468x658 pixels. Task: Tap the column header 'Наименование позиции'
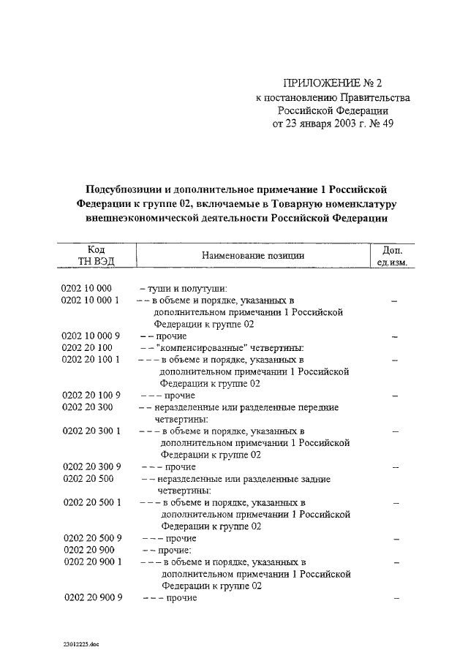click(x=250, y=255)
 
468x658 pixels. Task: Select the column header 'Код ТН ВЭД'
click(x=96, y=255)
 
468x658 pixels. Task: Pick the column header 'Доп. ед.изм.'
click(x=393, y=255)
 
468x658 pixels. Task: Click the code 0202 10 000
click(x=86, y=288)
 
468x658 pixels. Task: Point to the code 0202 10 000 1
click(x=91, y=300)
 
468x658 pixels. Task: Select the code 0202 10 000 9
click(x=91, y=336)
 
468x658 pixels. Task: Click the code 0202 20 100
click(x=86, y=348)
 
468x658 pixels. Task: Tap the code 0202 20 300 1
click(x=91, y=431)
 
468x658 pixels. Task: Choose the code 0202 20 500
click(x=86, y=479)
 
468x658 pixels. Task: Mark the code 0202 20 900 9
click(x=91, y=598)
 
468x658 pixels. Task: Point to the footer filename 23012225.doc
click(x=83, y=645)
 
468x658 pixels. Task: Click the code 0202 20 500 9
click(x=91, y=538)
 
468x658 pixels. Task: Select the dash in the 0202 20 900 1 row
click(x=396, y=562)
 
